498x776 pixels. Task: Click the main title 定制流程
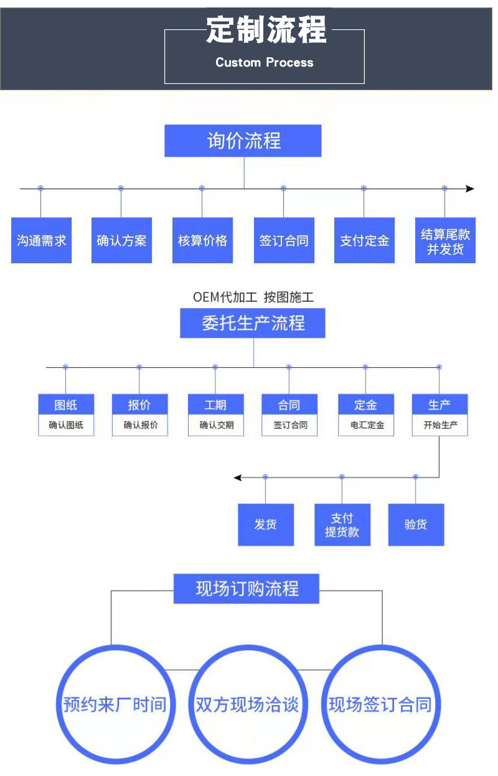(266, 30)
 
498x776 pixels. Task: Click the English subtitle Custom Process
(265, 62)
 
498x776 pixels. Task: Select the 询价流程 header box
(243, 141)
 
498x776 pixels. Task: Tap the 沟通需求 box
(42, 240)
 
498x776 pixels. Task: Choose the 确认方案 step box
(121, 240)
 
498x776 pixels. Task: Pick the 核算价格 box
(202, 240)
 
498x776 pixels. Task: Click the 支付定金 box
(364, 240)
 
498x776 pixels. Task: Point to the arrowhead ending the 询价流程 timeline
(470, 189)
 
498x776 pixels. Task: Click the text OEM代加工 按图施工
(253, 297)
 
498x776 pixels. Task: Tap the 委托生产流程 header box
(253, 324)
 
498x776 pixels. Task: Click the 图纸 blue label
(66, 405)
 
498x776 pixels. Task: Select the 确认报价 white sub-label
(140, 426)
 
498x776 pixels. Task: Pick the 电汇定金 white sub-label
(366, 426)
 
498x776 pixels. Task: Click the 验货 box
(416, 525)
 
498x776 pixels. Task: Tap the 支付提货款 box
(342, 525)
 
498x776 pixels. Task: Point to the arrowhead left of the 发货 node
(237, 477)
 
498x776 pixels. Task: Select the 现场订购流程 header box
(247, 588)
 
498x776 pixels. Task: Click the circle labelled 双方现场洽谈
(247, 704)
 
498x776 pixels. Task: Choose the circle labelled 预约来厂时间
(115, 704)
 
